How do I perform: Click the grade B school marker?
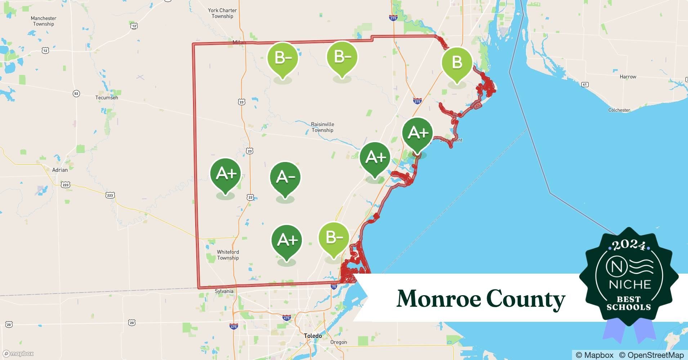coord(457,63)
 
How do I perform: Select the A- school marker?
coord(285,177)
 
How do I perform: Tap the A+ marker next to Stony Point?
coord(417,134)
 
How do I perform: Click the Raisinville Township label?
coord(322,127)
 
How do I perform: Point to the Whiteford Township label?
coord(228,255)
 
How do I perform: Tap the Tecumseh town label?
coord(107,98)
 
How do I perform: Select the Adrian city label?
coord(60,170)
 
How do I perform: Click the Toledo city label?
coord(313,336)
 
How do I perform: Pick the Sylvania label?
coord(224,291)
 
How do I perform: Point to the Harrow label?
coord(628,77)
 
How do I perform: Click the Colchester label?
coord(619,110)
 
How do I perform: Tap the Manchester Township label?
coord(44,21)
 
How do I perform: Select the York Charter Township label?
coord(222,13)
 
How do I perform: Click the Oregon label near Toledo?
coord(339,342)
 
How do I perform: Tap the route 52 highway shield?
coord(76,94)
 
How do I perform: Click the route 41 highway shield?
coord(585,85)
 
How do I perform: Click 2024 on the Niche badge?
coord(629,245)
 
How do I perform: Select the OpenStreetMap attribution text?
coord(651,355)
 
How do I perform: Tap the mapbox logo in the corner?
coord(18,354)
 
